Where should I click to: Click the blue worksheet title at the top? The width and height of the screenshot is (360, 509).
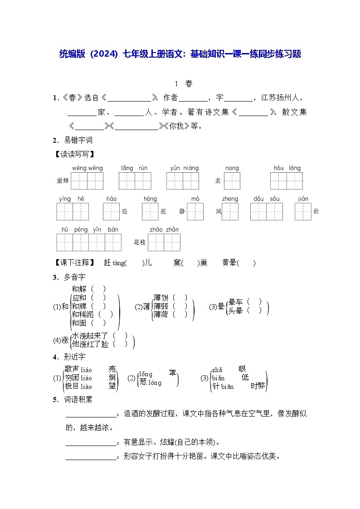point(180,54)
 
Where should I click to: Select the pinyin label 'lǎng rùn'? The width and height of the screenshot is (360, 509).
point(134,168)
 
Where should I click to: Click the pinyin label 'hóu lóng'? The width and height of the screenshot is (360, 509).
point(287,168)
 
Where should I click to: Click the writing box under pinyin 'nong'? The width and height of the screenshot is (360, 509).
point(232,181)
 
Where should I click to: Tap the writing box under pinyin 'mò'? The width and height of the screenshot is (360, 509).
point(195,211)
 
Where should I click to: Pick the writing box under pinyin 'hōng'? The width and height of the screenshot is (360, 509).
point(150,211)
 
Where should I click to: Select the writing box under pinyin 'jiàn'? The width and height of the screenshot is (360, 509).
point(303,211)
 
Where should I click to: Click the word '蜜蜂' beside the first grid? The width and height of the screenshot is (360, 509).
point(63,181)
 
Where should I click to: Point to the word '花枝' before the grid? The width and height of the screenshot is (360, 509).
point(140,242)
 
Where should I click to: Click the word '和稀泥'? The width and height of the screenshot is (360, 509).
point(83,314)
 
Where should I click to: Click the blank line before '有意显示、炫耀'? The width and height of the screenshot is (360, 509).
point(91,443)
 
